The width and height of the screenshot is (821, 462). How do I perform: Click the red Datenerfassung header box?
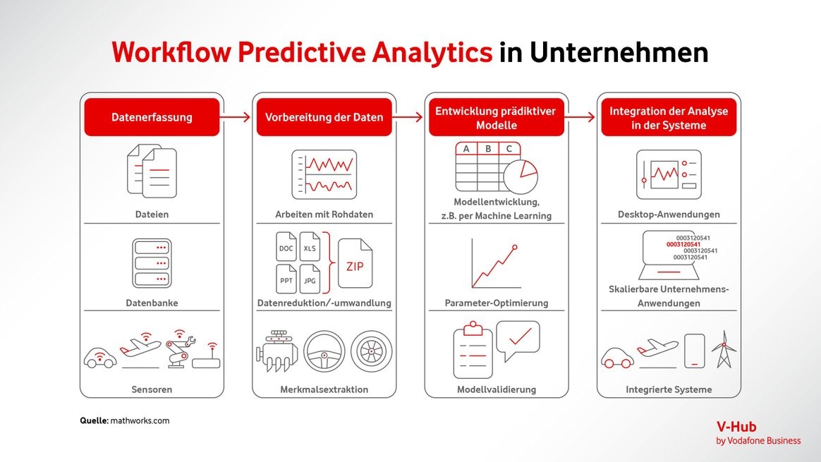click(x=152, y=117)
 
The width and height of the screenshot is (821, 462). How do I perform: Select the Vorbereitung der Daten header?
click(x=324, y=117)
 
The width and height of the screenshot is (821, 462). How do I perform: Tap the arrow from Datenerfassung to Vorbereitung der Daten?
click(x=235, y=117)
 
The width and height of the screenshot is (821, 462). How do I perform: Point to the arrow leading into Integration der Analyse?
click(x=580, y=117)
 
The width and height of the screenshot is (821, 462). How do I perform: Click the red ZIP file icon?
click(x=355, y=264)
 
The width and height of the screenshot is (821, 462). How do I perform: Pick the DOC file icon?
click(x=286, y=246)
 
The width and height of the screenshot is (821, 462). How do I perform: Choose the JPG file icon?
click(x=310, y=279)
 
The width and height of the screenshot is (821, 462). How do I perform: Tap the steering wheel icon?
click(x=324, y=351)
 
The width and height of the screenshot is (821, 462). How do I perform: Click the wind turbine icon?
click(x=724, y=348)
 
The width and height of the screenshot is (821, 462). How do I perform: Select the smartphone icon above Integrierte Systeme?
click(x=694, y=351)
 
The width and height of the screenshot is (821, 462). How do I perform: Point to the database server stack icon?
click(x=152, y=263)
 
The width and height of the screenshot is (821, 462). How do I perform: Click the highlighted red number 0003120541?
click(x=683, y=245)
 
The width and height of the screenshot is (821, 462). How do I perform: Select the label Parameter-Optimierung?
click(x=497, y=303)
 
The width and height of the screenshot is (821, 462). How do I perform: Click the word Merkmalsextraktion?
click(x=324, y=389)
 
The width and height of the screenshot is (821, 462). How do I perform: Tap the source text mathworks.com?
click(x=140, y=420)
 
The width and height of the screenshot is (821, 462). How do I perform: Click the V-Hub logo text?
click(x=736, y=427)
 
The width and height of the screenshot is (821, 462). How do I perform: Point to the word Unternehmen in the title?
click(x=619, y=52)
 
